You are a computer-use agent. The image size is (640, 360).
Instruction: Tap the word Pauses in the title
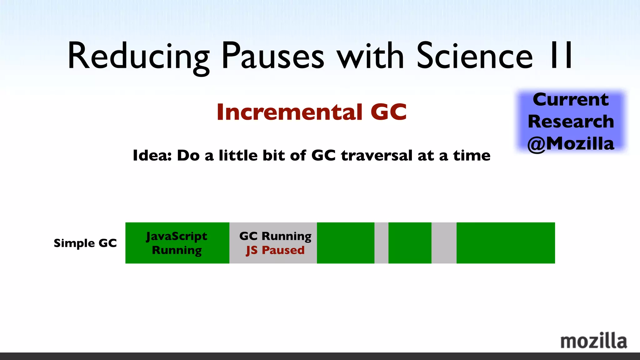pyautogui.click(x=273, y=56)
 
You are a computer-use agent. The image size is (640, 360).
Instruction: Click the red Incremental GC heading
pyautogui.click(x=312, y=112)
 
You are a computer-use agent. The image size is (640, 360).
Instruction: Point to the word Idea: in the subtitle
pyautogui.click(x=152, y=155)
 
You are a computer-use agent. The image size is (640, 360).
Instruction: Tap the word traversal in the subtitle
pyautogui.click(x=377, y=155)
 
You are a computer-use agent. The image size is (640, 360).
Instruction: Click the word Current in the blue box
pyautogui.click(x=571, y=100)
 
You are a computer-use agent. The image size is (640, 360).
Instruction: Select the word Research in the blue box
pyautogui.click(x=571, y=121)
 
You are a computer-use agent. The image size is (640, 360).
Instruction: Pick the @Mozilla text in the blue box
pyautogui.click(x=571, y=144)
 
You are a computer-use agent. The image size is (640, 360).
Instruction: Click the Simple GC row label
pyautogui.click(x=85, y=243)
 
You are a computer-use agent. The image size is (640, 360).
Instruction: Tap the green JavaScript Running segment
pyautogui.click(x=177, y=243)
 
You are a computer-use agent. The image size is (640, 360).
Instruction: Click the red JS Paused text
pyautogui.click(x=275, y=250)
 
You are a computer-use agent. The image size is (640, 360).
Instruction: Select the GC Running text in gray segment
pyautogui.click(x=275, y=236)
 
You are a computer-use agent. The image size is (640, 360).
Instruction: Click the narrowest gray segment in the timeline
pyautogui.click(x=381, y=243)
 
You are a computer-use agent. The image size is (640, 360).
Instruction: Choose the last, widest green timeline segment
pyautogui.click(x=506, y=243)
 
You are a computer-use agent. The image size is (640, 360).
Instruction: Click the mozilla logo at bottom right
pyautogui.click(x=593, y=341)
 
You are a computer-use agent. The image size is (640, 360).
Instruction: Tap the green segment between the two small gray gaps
pyautogui.click(x=410, y=243)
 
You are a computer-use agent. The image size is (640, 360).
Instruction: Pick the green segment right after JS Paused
pyautogui.click(x=345, y=243)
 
